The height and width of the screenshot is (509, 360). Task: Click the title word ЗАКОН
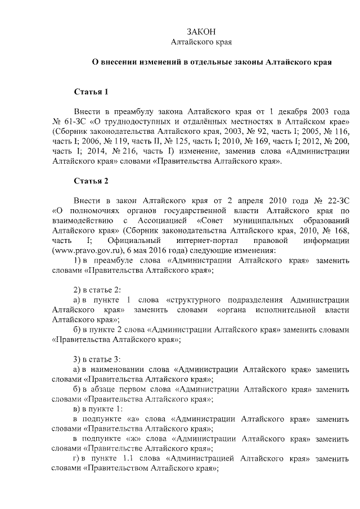(x=201, y=31)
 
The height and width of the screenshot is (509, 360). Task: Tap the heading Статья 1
(x=91, y=91)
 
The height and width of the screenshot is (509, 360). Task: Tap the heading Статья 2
(x=91, y=181)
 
